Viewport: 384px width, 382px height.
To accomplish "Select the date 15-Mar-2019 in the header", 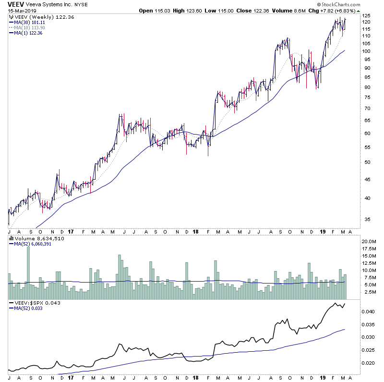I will coord(19,10).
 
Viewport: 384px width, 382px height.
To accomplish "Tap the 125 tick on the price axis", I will coord(366,16).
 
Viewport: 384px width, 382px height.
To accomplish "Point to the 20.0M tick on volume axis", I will coord(368,241).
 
